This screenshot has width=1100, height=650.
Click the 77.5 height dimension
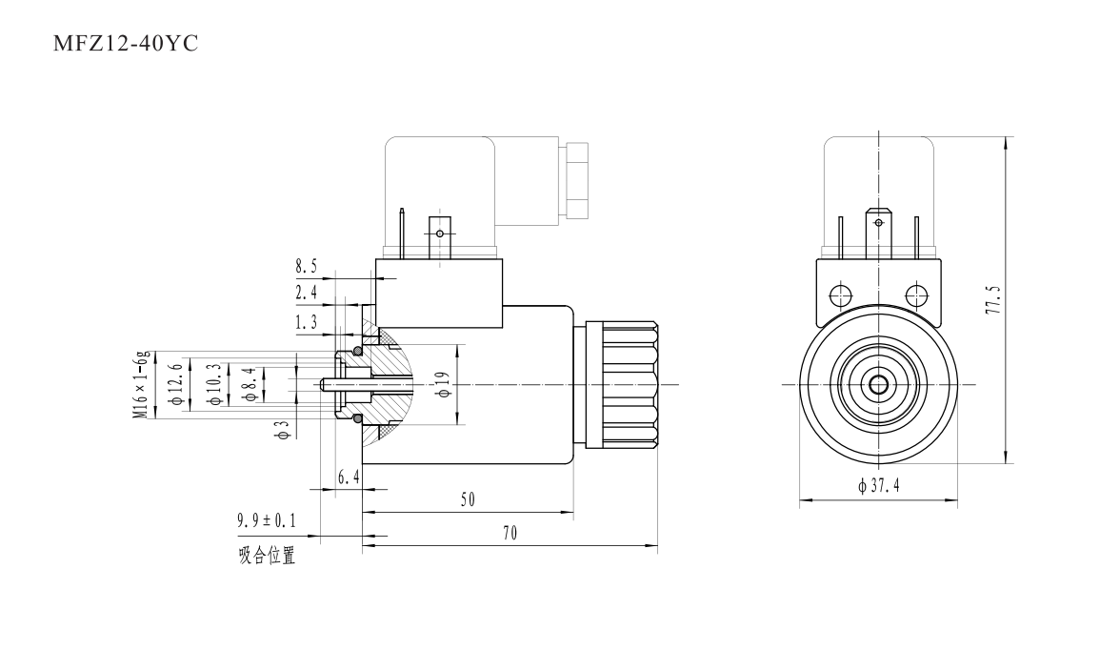click(x=994, y=297)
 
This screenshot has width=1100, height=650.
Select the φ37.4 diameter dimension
click(x=878, y=487)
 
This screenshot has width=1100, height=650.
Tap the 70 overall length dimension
click(x=510, y=535)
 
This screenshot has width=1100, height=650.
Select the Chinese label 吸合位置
click(x=267, y=557)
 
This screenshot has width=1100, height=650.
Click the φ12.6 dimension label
click(x=174, y=385)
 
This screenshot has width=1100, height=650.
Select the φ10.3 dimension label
click(x=214, y=385)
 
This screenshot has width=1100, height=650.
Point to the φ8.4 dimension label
click(x=250, y=385)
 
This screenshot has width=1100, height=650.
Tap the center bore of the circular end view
click(x=876, y=385)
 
